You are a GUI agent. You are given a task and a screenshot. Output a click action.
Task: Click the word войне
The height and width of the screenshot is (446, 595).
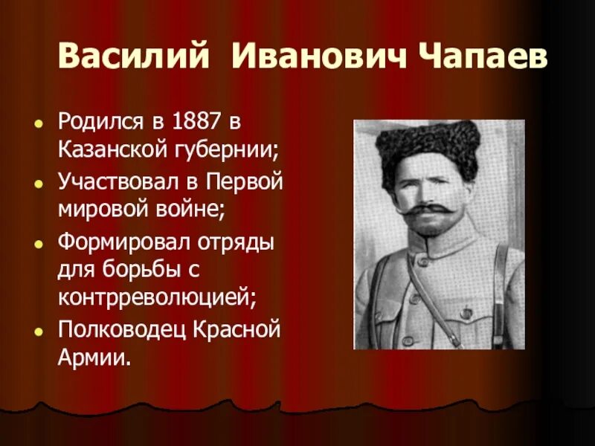point(193,208)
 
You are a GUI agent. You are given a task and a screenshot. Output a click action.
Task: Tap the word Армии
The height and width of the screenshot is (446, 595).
point(93,358)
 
